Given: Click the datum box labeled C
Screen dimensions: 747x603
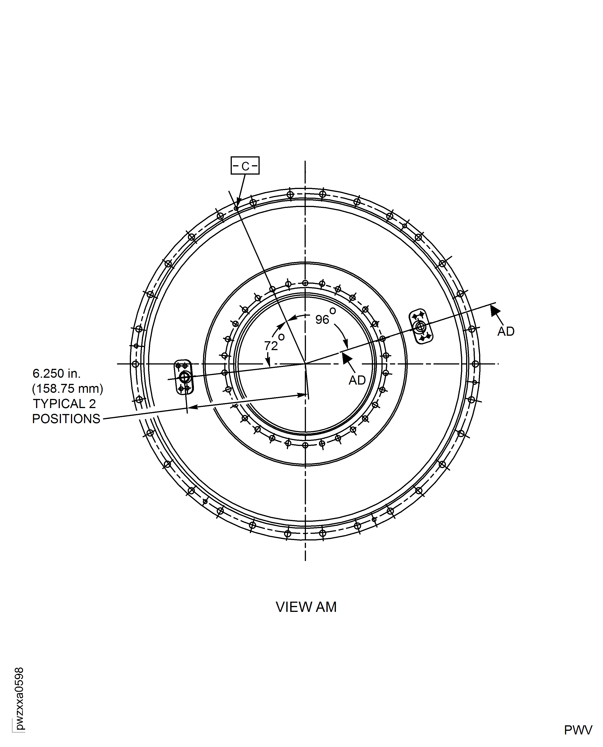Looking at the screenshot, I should coord(245,166).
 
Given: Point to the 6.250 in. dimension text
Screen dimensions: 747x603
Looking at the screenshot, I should coord(57,373).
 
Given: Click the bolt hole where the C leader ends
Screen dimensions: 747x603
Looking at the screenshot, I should coord(236,208).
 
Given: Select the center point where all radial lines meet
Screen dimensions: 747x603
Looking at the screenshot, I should coord(305,364).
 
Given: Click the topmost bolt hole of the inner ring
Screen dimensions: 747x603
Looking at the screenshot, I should coord(305,283).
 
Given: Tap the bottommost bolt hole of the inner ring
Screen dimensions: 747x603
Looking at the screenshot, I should coord(305,445).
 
